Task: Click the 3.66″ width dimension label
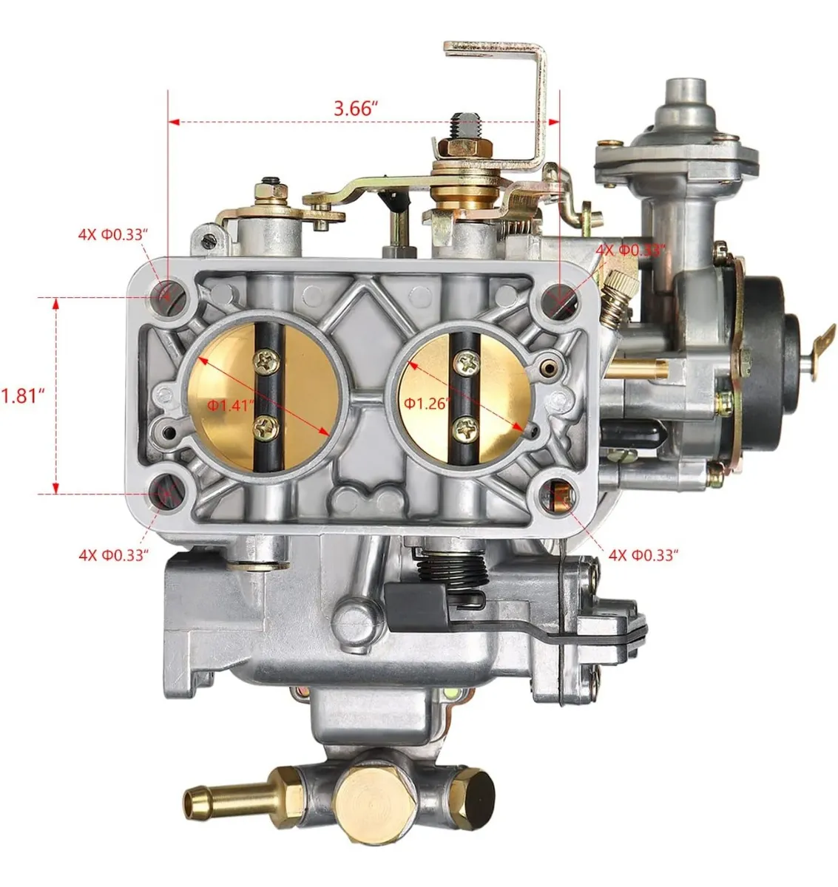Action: click(x=356, y=109)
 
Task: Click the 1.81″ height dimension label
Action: click(x=23, y=396)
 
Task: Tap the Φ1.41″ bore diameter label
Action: click(x=231, y=405)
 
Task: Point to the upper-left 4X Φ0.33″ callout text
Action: click(x=113, y=234)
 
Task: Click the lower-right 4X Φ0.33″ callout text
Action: click(x=643, y=555)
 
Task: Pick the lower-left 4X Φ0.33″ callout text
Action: click(x=113, y=555)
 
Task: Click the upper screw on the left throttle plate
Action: click(x=267, y=361)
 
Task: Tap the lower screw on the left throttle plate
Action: click(x=266, y=429)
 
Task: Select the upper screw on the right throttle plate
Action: click(x=465, y=361)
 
